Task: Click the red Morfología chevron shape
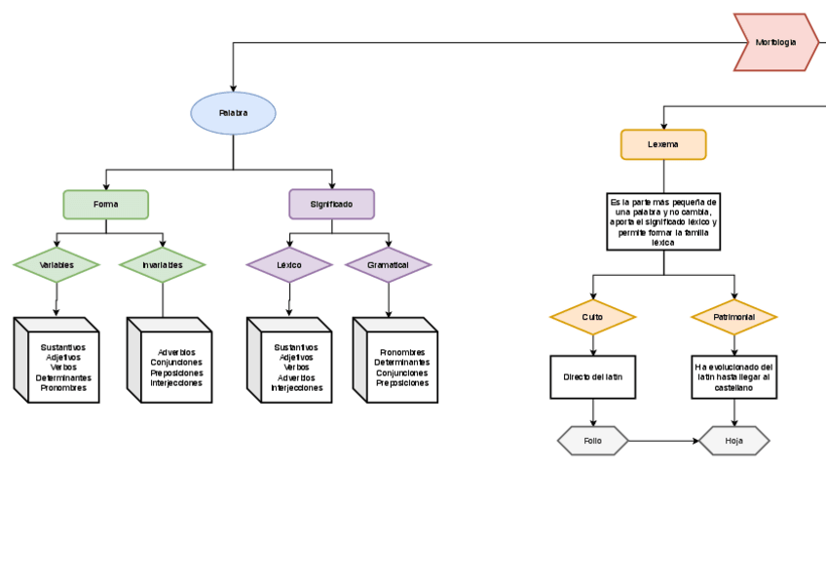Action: point(775,43)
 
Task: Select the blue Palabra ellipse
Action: point(234,113)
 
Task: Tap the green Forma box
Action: point(106,205)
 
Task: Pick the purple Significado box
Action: point(331,205)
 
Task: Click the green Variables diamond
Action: point(56,265)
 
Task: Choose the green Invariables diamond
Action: point(163,265)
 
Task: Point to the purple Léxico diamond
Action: point(289,265)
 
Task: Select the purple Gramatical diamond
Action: point(388,265)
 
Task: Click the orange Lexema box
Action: point(663,144)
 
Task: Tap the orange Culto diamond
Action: point(592,318)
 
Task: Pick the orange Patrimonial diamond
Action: point(733,318)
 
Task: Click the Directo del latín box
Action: point(592,377)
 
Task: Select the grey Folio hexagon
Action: point(592,441)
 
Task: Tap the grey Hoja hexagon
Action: point(733,441)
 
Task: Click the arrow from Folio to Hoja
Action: point(663,441)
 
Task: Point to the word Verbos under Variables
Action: point(63,368)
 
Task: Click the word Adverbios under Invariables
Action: point(176,352)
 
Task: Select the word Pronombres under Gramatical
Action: point(402,352)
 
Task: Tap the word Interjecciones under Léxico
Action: point(297,388)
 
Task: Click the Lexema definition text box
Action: point(663,221)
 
